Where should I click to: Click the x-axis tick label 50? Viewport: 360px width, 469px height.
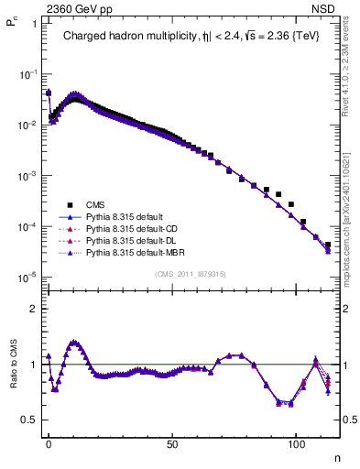[172, 443]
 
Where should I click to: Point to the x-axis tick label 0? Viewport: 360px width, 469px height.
[49, 443]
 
